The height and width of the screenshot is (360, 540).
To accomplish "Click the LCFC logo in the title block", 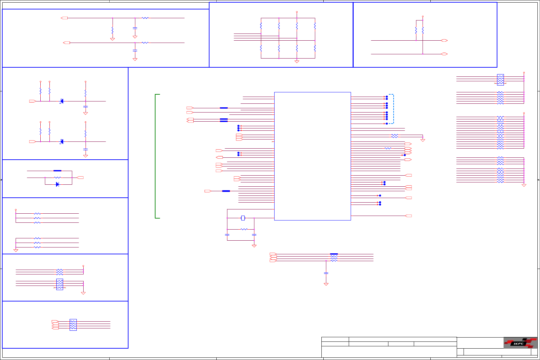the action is tap(520, 343).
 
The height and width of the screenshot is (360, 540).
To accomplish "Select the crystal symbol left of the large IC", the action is tap(243, 218).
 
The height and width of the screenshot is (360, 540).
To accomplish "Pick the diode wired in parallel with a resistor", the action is tap(57, 184).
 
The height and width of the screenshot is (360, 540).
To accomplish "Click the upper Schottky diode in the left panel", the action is tap(61, 101).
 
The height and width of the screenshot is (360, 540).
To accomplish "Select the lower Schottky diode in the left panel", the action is tap(61, 141).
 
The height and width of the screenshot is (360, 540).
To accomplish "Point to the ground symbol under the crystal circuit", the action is tap(254, 246).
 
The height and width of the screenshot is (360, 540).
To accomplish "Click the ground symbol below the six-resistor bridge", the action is tap(297, 61).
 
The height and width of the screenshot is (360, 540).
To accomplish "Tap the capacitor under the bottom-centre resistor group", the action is tap(326, 273).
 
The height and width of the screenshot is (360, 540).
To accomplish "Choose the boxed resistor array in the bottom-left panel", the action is tap(73, 325).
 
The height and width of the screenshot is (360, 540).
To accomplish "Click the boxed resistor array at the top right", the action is tap(500, 80).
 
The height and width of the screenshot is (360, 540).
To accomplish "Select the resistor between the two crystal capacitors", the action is tap(244, 229).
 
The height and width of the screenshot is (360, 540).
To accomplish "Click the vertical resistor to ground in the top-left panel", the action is tap(113, 30).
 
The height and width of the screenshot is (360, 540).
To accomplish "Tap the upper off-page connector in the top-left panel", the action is tap(64, 18).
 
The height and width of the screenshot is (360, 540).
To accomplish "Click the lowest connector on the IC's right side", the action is tap(409, 216).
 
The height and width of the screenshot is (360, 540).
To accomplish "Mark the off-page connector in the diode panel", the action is tap(80, 178).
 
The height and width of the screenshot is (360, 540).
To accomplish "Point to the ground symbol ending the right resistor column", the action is tap(524, 185).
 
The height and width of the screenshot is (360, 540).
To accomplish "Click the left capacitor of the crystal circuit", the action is tap(227, 234).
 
